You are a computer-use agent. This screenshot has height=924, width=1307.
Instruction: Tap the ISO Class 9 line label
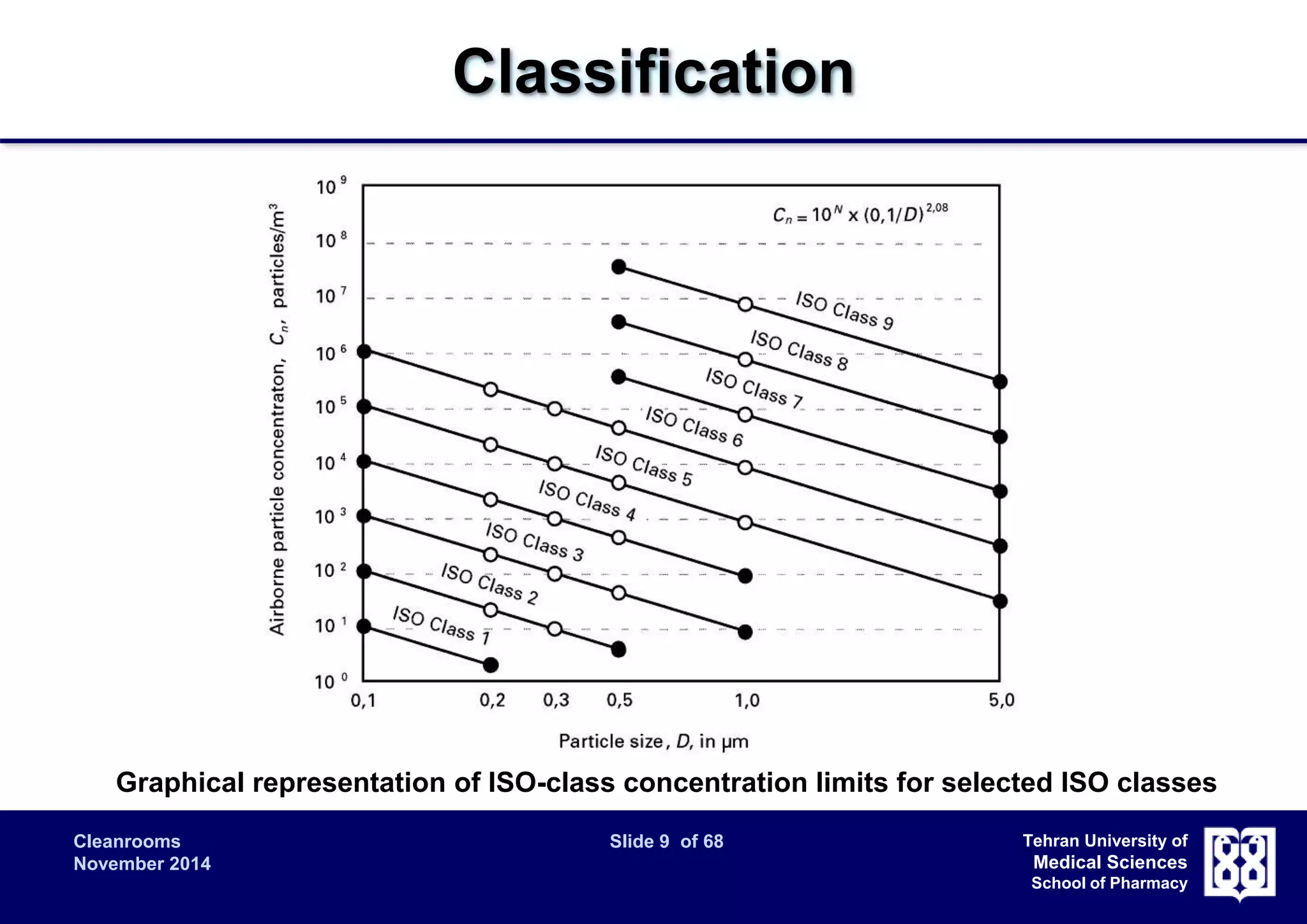click(x=844, y=311)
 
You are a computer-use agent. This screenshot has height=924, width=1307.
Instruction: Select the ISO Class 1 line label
click(x=441, y=625)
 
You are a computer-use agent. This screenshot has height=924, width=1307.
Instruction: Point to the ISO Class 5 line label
click(x=643, y=466)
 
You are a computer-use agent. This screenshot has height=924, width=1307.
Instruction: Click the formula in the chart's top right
click(x=860, y=213)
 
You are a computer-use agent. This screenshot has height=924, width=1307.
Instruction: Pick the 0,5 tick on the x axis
click(x=619, y=701)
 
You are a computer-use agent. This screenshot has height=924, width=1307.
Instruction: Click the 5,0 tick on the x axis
click(x=1001, y=701)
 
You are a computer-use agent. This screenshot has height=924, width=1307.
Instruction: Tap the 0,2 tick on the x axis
click(x=491, y=701)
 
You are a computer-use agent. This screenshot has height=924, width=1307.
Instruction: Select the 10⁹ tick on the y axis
click(x=331, y=186)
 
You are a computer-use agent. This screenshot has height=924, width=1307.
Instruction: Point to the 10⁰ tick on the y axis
click(x=331, y=682)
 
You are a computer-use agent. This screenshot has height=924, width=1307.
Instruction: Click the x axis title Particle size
click(x=653, y=741)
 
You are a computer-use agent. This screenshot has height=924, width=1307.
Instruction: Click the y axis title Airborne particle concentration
click(x=278, y=419)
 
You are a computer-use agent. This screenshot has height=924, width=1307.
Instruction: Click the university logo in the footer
click(x=1239, y=863)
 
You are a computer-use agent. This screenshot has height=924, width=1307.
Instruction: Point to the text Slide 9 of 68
click(x=666, y=842)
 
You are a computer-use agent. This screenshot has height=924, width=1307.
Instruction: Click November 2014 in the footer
click(x=142, y=864)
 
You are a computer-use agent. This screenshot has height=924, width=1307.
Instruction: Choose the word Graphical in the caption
click(x=181, y=783)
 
